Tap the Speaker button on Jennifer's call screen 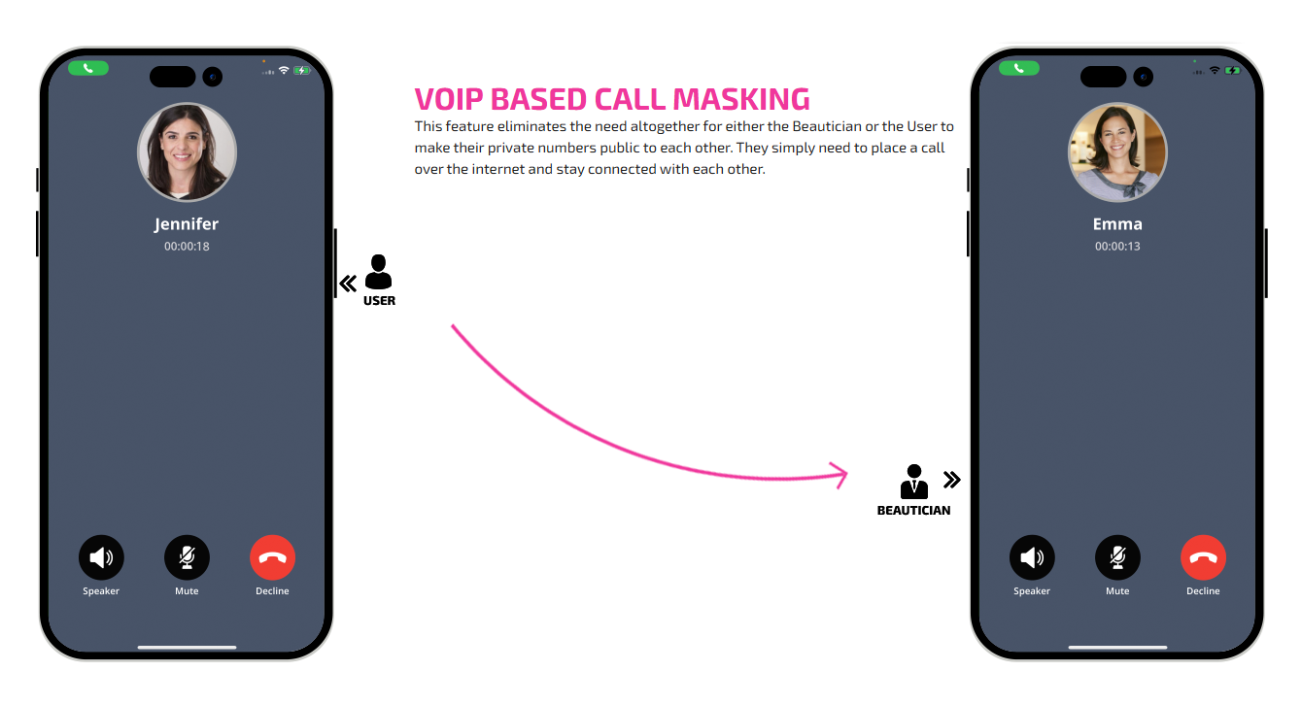(101, 557)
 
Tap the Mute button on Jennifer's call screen (187, 557)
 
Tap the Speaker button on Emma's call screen (1032, 557)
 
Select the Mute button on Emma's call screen (1117, 557)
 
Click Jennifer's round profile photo (187, 152)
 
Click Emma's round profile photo (1117, 152)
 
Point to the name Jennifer (187, 223)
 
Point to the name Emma (1117, 223)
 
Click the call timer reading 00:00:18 (187, 247)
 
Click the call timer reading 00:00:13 (1117, 247)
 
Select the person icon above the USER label (378, 272)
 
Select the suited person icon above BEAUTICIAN (913, 482)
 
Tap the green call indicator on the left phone (88, 68)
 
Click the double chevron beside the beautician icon (951, 479)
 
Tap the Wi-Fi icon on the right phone (1215, 71)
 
